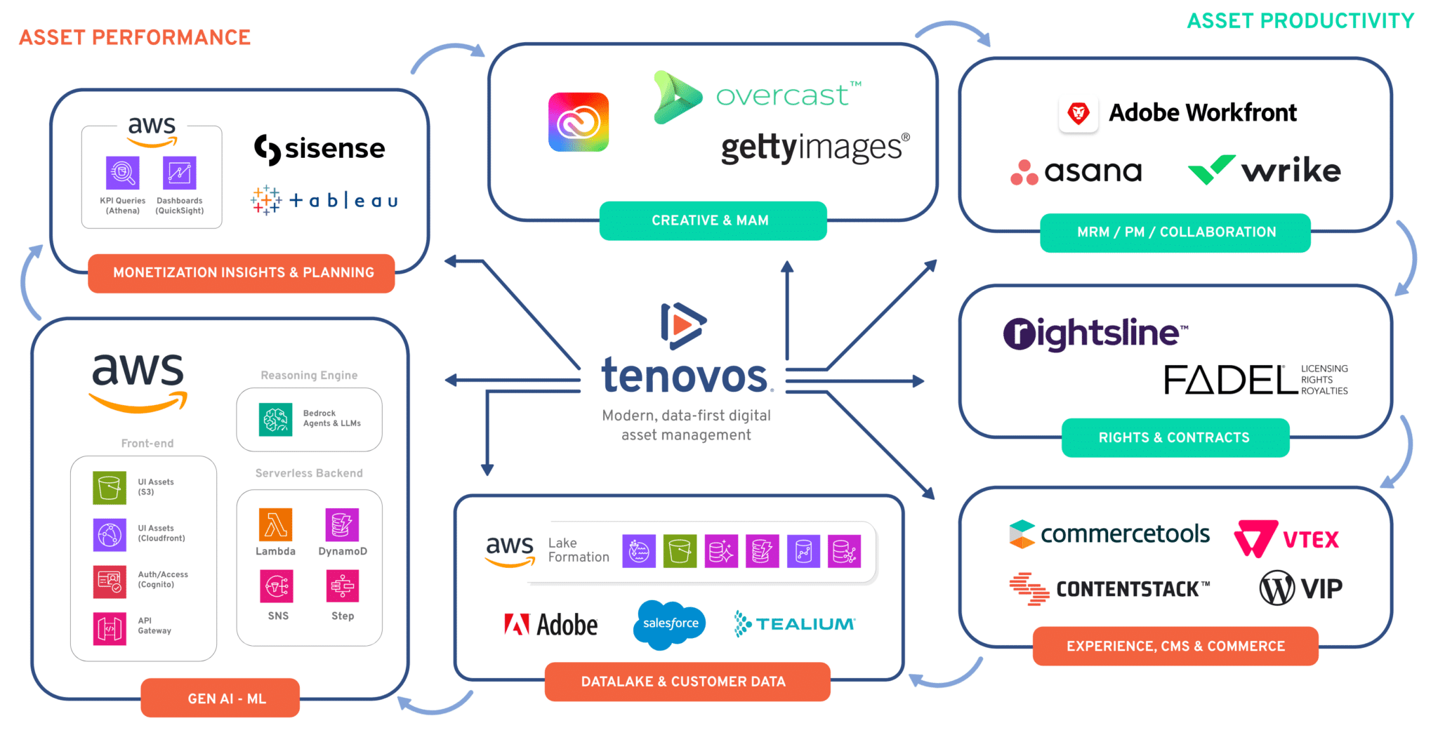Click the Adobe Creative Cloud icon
(x=579, y=122)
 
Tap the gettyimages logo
(x=814, y=148)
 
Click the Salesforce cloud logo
(x=670, y=624)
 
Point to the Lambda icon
(x=275, y=525)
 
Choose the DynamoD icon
(x=342, y=525)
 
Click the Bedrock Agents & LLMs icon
(x=275, y=419)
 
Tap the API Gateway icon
(x=110, y=628)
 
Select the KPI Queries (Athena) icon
(x=123, y=173)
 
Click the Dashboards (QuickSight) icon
(x=180, y=173)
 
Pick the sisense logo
(x=319, y=149)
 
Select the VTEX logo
(x=1286, y=539)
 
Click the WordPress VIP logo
(x=1300, y=588)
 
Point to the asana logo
(x=1076, y=171)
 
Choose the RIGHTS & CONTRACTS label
(x=1175, y=438)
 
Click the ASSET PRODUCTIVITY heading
(x=1300, y=21)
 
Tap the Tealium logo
(x=795, y=624)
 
